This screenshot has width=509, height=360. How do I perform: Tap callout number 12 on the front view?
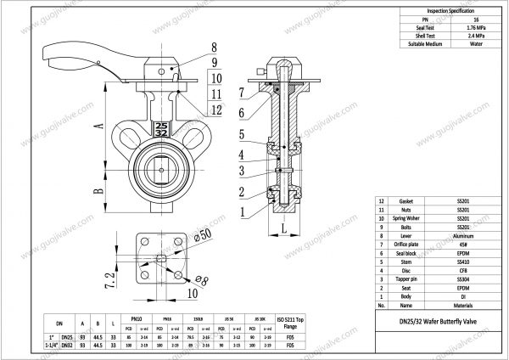tap(216, 109)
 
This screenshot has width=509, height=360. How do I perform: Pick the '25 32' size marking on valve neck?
tap(162, 128)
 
